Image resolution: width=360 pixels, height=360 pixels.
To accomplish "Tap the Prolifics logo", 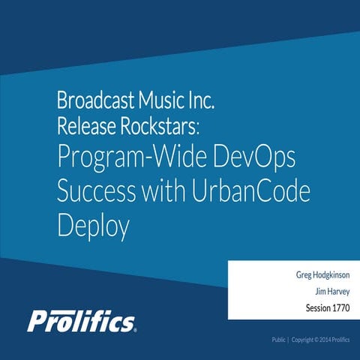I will (x=82, y=320).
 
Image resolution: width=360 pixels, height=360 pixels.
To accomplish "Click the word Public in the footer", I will (x=279, y=340).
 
